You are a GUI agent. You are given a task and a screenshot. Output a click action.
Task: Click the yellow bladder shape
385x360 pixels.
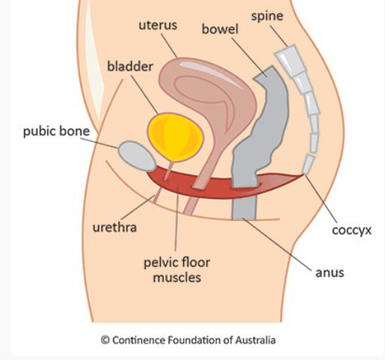click(x=175, y=137)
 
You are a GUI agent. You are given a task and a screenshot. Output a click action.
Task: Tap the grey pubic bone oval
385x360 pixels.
click(x=137, y=156)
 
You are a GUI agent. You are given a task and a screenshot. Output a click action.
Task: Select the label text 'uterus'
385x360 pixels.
click(x=158, y=26)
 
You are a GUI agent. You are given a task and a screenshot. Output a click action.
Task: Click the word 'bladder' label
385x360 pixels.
click(x=130, y=66)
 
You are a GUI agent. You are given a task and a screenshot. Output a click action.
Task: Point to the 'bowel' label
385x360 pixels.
click(x=220, y=29)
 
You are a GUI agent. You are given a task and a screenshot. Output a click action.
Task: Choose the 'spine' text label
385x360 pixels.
click(x=267, y=16)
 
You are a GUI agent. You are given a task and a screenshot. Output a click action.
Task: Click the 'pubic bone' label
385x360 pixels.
click(x=57, y=131)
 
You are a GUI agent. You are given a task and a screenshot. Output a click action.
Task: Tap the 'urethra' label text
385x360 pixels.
click(x=115, y=227)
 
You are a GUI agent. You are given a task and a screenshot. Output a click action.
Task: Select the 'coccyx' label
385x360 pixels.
click(x=352, y=230)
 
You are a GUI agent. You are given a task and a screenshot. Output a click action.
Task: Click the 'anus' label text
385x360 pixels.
click(x=330, y=273)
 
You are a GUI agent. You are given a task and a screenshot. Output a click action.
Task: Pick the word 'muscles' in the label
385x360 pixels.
click(x=177, y=278)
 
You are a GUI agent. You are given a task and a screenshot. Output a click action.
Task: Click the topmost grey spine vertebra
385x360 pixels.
click(x=290, y=61)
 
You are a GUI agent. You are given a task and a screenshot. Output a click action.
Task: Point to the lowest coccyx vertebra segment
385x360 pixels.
click(x=308, y=164)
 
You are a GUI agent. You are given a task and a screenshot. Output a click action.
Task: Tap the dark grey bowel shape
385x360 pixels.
click(x=262, y=134)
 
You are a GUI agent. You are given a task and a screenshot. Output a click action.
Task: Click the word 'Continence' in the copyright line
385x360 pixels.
click(x=138, y=340)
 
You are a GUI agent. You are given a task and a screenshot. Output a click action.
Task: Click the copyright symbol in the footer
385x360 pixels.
click(x=105, y=340)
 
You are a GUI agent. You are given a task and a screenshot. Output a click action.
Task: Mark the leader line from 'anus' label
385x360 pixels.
click(x=277, y=244)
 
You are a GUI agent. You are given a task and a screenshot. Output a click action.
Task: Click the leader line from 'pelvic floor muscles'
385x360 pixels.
click(x=177, y=220)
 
